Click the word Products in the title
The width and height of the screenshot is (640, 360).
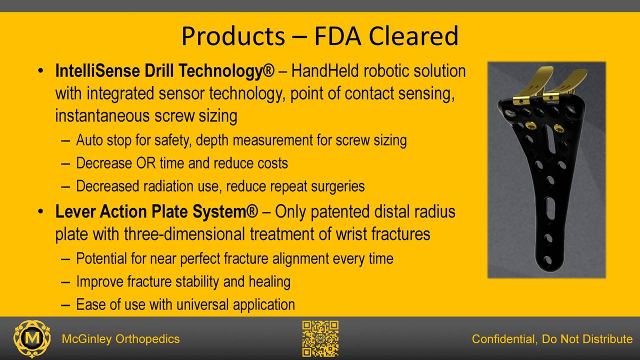tap(233, 36)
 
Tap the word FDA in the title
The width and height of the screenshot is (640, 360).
tap(337, 36)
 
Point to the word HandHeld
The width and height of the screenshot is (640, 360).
tap(325, 70)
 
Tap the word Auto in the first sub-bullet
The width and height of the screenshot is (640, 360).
tap(89, 140)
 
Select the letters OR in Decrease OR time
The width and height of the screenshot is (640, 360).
tap(146, 163)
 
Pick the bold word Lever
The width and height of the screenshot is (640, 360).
tap(75, 211)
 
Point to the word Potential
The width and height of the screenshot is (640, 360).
tap(101, 258)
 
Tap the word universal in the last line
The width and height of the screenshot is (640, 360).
tap(202, 304)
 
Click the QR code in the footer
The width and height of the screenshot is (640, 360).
tap(320, 339)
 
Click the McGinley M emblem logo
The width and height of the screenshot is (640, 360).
tap(32, 339)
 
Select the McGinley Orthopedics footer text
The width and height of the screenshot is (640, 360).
tap(121, 339)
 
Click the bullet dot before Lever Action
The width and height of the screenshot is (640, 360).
tap(40, 211)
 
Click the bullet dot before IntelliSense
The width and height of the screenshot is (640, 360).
tap(40, 71)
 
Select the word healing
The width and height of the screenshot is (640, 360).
tap(269, 281)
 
